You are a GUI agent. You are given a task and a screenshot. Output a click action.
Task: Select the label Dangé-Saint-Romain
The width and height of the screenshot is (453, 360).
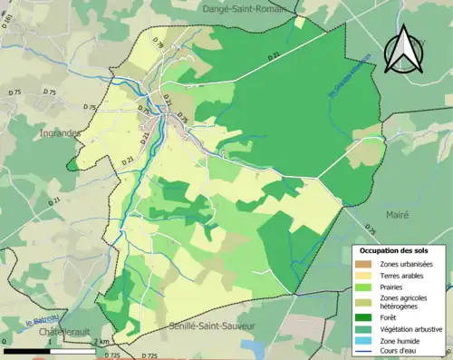tap(234, 5)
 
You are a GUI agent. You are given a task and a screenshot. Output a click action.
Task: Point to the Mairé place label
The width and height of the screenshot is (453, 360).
tap(396, 216)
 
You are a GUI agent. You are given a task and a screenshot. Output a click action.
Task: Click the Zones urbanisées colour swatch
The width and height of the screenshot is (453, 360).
tap(366, 264)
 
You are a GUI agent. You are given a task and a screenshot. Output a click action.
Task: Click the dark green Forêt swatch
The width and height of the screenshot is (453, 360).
tap(366, 317)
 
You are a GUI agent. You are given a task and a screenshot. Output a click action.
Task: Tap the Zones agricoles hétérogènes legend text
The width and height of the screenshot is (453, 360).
tap(405, 303)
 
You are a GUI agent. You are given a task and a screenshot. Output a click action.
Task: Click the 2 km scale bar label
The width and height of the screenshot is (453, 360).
tap(101, 342)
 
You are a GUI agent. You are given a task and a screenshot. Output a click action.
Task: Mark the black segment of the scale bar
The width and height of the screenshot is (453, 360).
tap(28, 350)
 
